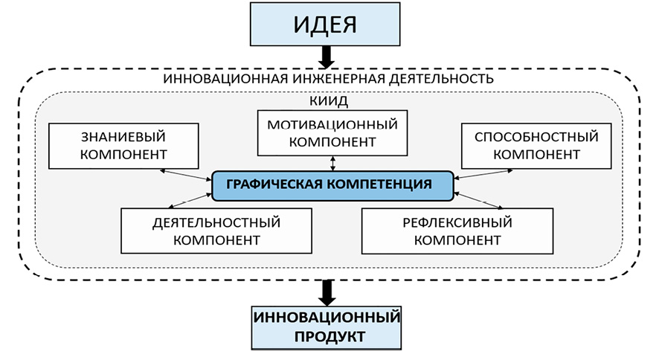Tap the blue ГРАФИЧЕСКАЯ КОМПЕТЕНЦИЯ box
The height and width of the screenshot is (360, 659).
tap(332, 184)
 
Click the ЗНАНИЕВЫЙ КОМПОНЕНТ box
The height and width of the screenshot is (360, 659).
tap(123, 145)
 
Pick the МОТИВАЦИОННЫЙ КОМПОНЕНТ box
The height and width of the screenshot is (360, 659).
tap(332, 132)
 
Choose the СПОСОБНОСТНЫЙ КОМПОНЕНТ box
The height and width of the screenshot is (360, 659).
tap(530, 146)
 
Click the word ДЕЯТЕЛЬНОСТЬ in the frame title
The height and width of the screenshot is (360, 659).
tap(439, 78)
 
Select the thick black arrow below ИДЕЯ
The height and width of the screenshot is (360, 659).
tap(326, 56)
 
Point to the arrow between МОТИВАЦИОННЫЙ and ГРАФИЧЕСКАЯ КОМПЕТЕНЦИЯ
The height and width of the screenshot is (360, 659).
tap(332, 162)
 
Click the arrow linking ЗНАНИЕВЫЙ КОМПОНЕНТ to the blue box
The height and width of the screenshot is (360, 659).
tap(185, 173)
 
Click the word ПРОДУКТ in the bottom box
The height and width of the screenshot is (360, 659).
tap(326, 336)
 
